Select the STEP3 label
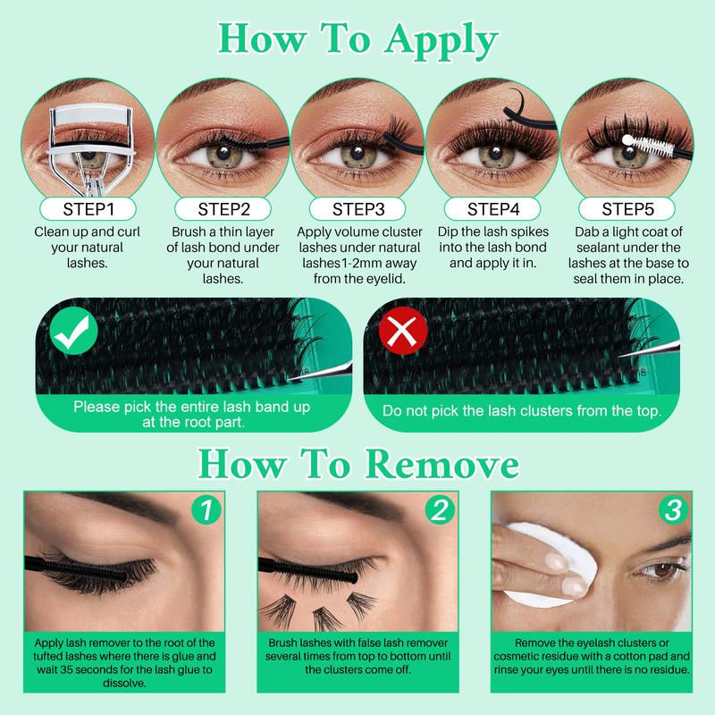coord(357,209)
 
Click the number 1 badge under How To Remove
coord(206,510)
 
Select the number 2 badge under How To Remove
coord(440,510)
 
